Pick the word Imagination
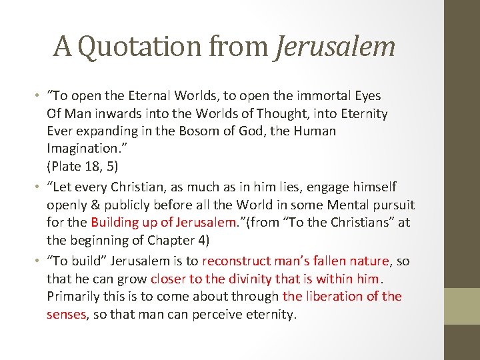81,149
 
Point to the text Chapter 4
183,239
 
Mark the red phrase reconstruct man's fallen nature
295,261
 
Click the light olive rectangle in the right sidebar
462,305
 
